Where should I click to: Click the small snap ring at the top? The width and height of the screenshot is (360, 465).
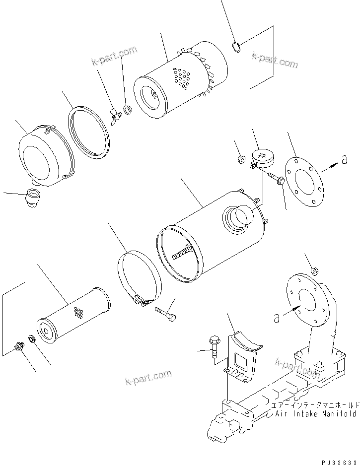(x=237, y=47)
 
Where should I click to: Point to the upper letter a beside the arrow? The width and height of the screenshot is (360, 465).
(x=344, y=159)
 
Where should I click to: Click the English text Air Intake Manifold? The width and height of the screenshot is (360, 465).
(x=316, y=413)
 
